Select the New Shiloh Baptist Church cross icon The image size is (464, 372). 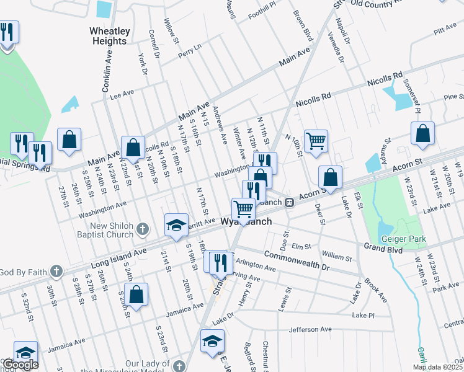point(143,229)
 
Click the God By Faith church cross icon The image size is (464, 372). point(56,272)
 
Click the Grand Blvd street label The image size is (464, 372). point(383,249)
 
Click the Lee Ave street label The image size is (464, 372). point(122,94)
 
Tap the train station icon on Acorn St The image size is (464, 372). point(289,202)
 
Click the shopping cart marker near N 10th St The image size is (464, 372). point(316,142)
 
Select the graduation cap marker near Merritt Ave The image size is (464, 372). point(176,225)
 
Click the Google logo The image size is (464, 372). point(20,365)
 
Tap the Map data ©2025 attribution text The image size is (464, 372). point(438,366)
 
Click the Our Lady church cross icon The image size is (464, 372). point(179,366)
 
